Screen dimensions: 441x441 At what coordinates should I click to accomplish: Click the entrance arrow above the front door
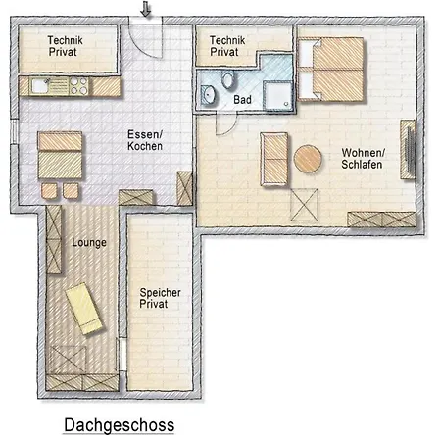click(x=146, y=9)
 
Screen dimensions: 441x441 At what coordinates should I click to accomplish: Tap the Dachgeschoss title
click(x=120, y=425)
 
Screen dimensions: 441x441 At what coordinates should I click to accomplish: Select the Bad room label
click(x=242, y=100)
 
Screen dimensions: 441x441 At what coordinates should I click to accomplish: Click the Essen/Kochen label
click(x=145, y=140)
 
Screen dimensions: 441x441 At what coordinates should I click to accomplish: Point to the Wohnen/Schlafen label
click(x=362, y=159)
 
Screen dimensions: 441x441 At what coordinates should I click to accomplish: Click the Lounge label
click(x=89, y=242)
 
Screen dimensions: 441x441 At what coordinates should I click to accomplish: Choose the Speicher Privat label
click(x=160, y=298)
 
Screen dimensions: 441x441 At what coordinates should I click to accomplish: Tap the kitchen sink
click(x=39, y=86)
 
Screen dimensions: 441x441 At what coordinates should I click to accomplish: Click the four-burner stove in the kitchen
click(x=78, y=86)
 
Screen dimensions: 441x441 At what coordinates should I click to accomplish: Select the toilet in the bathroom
click(x=227, y=80)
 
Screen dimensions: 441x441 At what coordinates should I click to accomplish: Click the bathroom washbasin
click(x=209, y=95)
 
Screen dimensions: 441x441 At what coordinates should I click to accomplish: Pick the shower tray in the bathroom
click(x=277, y=95)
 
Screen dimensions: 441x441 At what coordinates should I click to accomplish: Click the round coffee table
click(x=308, y=159)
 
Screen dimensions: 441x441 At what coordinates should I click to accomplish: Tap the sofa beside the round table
click(x=274, y=159)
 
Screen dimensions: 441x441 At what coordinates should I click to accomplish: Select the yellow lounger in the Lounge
click(x=84, y=309)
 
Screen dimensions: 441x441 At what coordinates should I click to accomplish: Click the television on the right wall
click(x=409, y=149)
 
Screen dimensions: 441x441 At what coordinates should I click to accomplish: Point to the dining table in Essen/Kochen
click(x=60, y=155)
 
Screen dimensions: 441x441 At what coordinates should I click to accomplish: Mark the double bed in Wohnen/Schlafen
click(x=331, y=70)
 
